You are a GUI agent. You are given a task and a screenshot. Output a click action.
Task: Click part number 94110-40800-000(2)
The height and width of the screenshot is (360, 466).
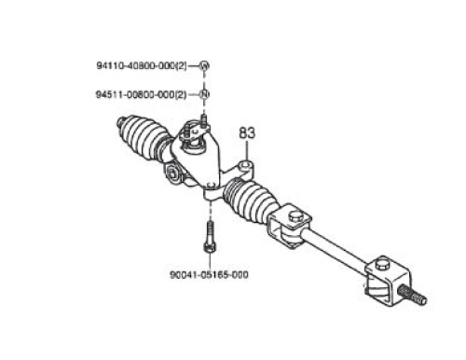coord(142,66)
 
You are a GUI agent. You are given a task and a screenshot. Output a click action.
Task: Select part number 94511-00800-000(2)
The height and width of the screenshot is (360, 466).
coord(142,94)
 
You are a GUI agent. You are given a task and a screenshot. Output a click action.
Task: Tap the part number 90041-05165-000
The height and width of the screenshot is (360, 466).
coord(209,275)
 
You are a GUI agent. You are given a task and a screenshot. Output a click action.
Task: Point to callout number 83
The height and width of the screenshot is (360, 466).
coord(247,133)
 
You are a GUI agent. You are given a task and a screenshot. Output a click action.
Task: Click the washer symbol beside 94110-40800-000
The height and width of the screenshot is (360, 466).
coord(204,66)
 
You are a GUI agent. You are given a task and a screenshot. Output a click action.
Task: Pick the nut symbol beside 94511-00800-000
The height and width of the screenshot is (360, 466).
coord(204,94)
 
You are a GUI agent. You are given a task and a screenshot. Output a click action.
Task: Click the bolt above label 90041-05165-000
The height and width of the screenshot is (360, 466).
coord(210,237)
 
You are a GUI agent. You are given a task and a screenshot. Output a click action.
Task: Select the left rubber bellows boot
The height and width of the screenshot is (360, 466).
coord(143,138)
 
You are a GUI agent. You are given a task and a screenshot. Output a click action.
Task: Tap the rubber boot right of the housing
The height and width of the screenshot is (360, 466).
coord(249,200)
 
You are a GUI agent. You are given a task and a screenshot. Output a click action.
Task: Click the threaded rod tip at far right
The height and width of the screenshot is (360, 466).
coord(412,296)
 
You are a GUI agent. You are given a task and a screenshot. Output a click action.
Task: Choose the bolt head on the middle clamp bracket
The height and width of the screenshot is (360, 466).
coord(295,215)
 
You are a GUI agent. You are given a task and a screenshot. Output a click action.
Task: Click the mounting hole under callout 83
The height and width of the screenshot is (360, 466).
coord(246,164)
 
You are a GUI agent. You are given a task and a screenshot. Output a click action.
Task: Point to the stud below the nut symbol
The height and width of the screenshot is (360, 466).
coord(204,119)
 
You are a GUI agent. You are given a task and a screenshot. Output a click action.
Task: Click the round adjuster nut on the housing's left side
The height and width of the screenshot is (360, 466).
coord(171,174)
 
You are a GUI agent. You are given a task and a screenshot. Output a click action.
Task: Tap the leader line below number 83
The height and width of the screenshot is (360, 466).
coord(247,150)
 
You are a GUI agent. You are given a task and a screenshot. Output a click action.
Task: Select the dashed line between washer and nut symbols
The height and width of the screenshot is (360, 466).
coord(204,80)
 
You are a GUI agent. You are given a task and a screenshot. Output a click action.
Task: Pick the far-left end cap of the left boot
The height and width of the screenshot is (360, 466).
coord(120,122)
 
